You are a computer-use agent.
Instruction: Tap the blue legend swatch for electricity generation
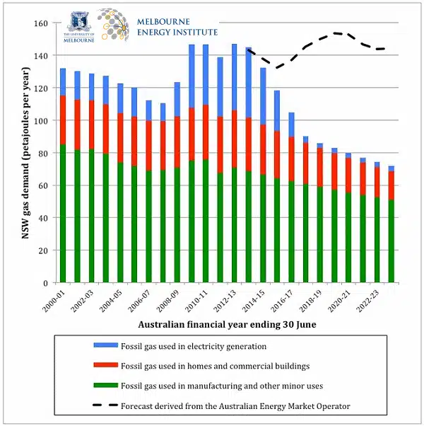click(105, 346)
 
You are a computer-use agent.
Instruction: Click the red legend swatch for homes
click(105, 366)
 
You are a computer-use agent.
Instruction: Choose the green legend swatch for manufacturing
click(105, 386)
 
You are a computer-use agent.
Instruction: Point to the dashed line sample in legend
click(105, 405)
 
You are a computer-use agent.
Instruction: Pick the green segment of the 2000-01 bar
click(63, 212)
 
